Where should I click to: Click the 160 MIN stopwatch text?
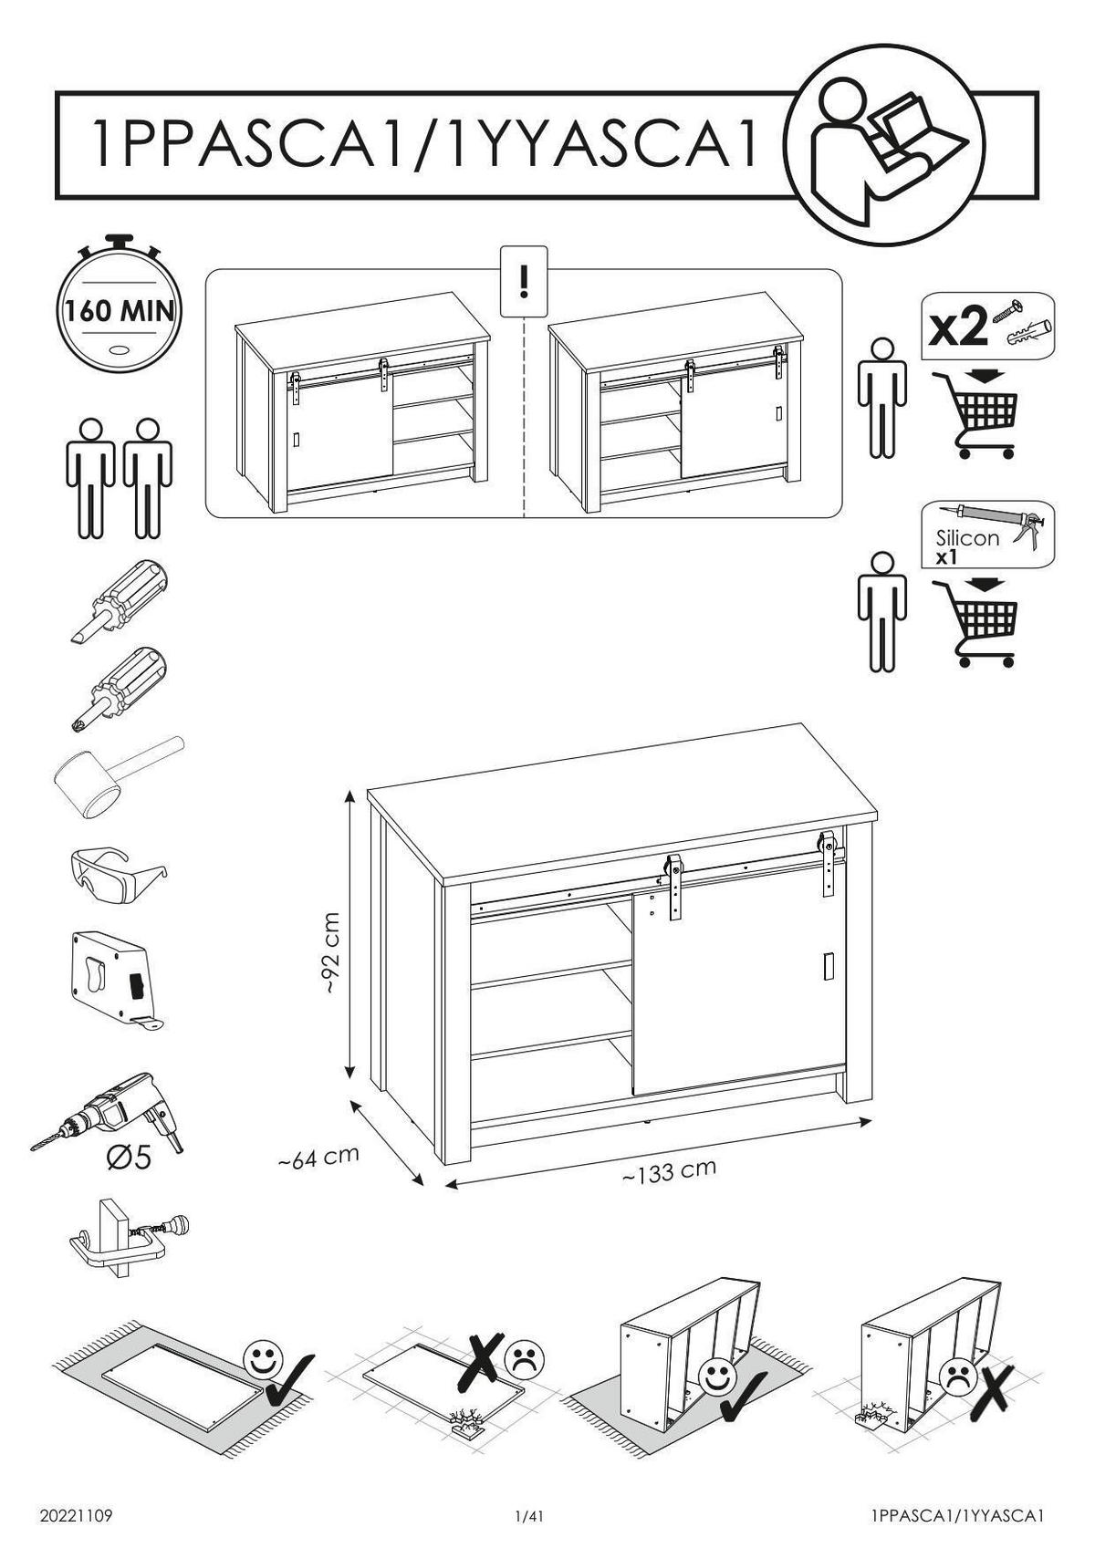click(x=120, y=311)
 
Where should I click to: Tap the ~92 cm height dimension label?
click(x=331, y=953)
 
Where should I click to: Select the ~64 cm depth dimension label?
click(x=318, y=1157)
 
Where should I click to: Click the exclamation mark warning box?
click(x=523, y=281)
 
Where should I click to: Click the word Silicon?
click(x=967, y=537)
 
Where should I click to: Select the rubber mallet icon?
click(x=118, y=777)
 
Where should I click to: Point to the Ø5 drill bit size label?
click(x=130, y=1157)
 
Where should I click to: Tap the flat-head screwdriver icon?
click(x=120, y=600)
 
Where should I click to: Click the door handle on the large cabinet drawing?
click(x=829, y=966)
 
